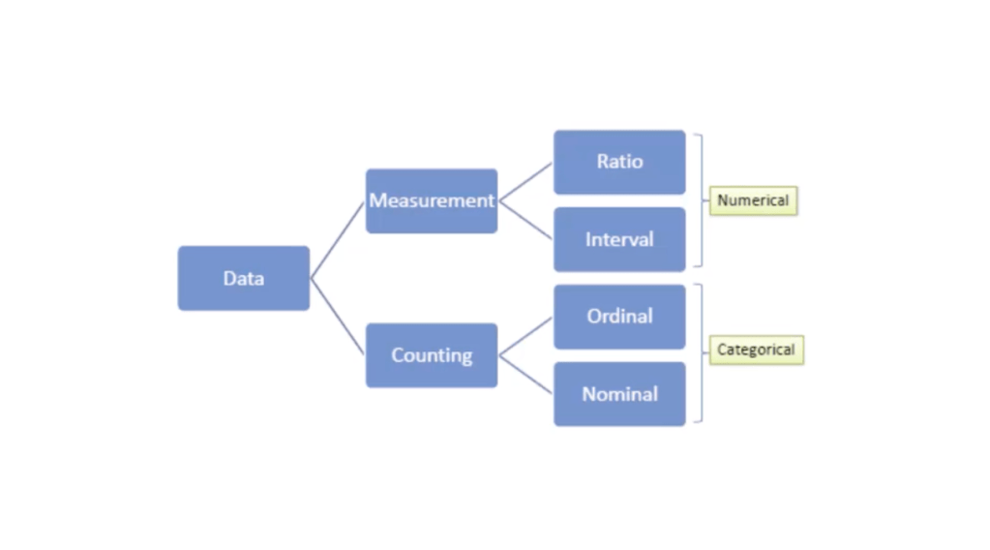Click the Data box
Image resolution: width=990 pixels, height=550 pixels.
coord(243,278)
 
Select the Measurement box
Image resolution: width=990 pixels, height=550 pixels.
coord(432,200)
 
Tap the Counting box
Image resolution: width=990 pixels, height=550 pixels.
coord(432,355)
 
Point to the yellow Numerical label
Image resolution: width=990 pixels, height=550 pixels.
coord(753,200)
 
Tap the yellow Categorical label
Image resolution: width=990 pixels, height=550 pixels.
coord(756,350)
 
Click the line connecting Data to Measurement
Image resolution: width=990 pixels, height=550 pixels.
coord(338,239)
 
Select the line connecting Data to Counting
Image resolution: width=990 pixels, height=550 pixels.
coord(338,317)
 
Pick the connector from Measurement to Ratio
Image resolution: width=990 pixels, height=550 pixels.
coord(525,182)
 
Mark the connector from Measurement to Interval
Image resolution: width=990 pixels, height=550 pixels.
coord(525,220)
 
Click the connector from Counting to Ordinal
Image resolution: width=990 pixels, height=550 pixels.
coord(525,337)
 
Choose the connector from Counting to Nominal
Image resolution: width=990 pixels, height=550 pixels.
coord(525,375)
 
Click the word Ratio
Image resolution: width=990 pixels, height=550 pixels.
coord(619,161)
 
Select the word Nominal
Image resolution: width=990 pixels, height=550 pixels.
coord(619,394)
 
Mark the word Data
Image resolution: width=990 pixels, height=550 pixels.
coord(243,278)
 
